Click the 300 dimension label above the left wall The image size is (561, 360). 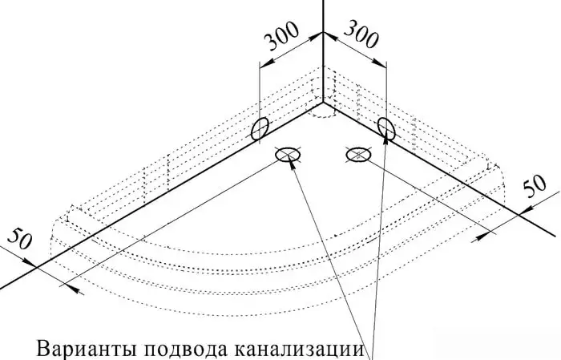281,36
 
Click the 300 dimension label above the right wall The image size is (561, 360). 361,34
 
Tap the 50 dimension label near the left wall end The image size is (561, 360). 20,239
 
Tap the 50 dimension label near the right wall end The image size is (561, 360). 535,186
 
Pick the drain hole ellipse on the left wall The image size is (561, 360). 260,129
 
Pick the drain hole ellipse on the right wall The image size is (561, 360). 386,128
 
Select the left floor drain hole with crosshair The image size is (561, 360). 287,154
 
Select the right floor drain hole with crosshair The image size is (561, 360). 358,154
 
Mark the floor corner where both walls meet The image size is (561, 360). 323,103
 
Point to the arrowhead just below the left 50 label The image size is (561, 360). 29,262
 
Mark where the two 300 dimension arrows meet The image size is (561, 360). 323,33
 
